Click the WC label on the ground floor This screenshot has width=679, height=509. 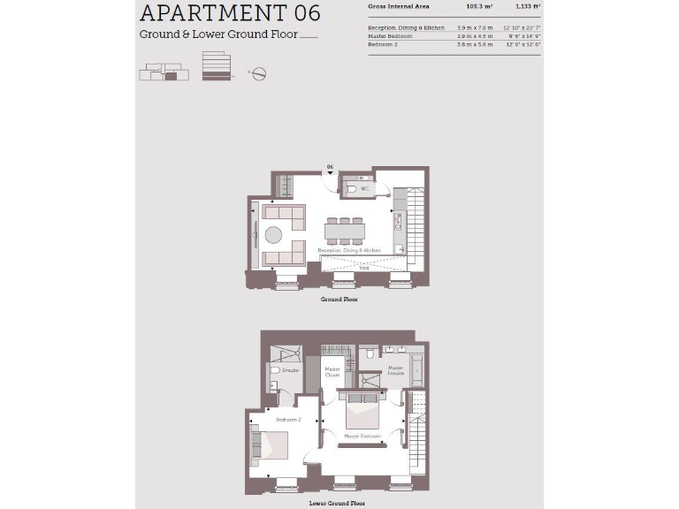point(365,189)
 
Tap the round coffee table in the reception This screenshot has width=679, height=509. point(273,235)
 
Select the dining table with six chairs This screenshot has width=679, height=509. point(345,232)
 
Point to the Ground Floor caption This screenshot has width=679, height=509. point(339,300)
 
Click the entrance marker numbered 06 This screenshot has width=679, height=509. point(330,167)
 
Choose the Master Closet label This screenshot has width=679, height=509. point(332,372)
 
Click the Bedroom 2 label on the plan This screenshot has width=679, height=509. point(288,420)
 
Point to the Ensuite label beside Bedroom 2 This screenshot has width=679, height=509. point(290,370)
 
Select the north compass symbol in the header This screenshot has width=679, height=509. point(259,74)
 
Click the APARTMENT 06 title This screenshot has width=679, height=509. point(230,13)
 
